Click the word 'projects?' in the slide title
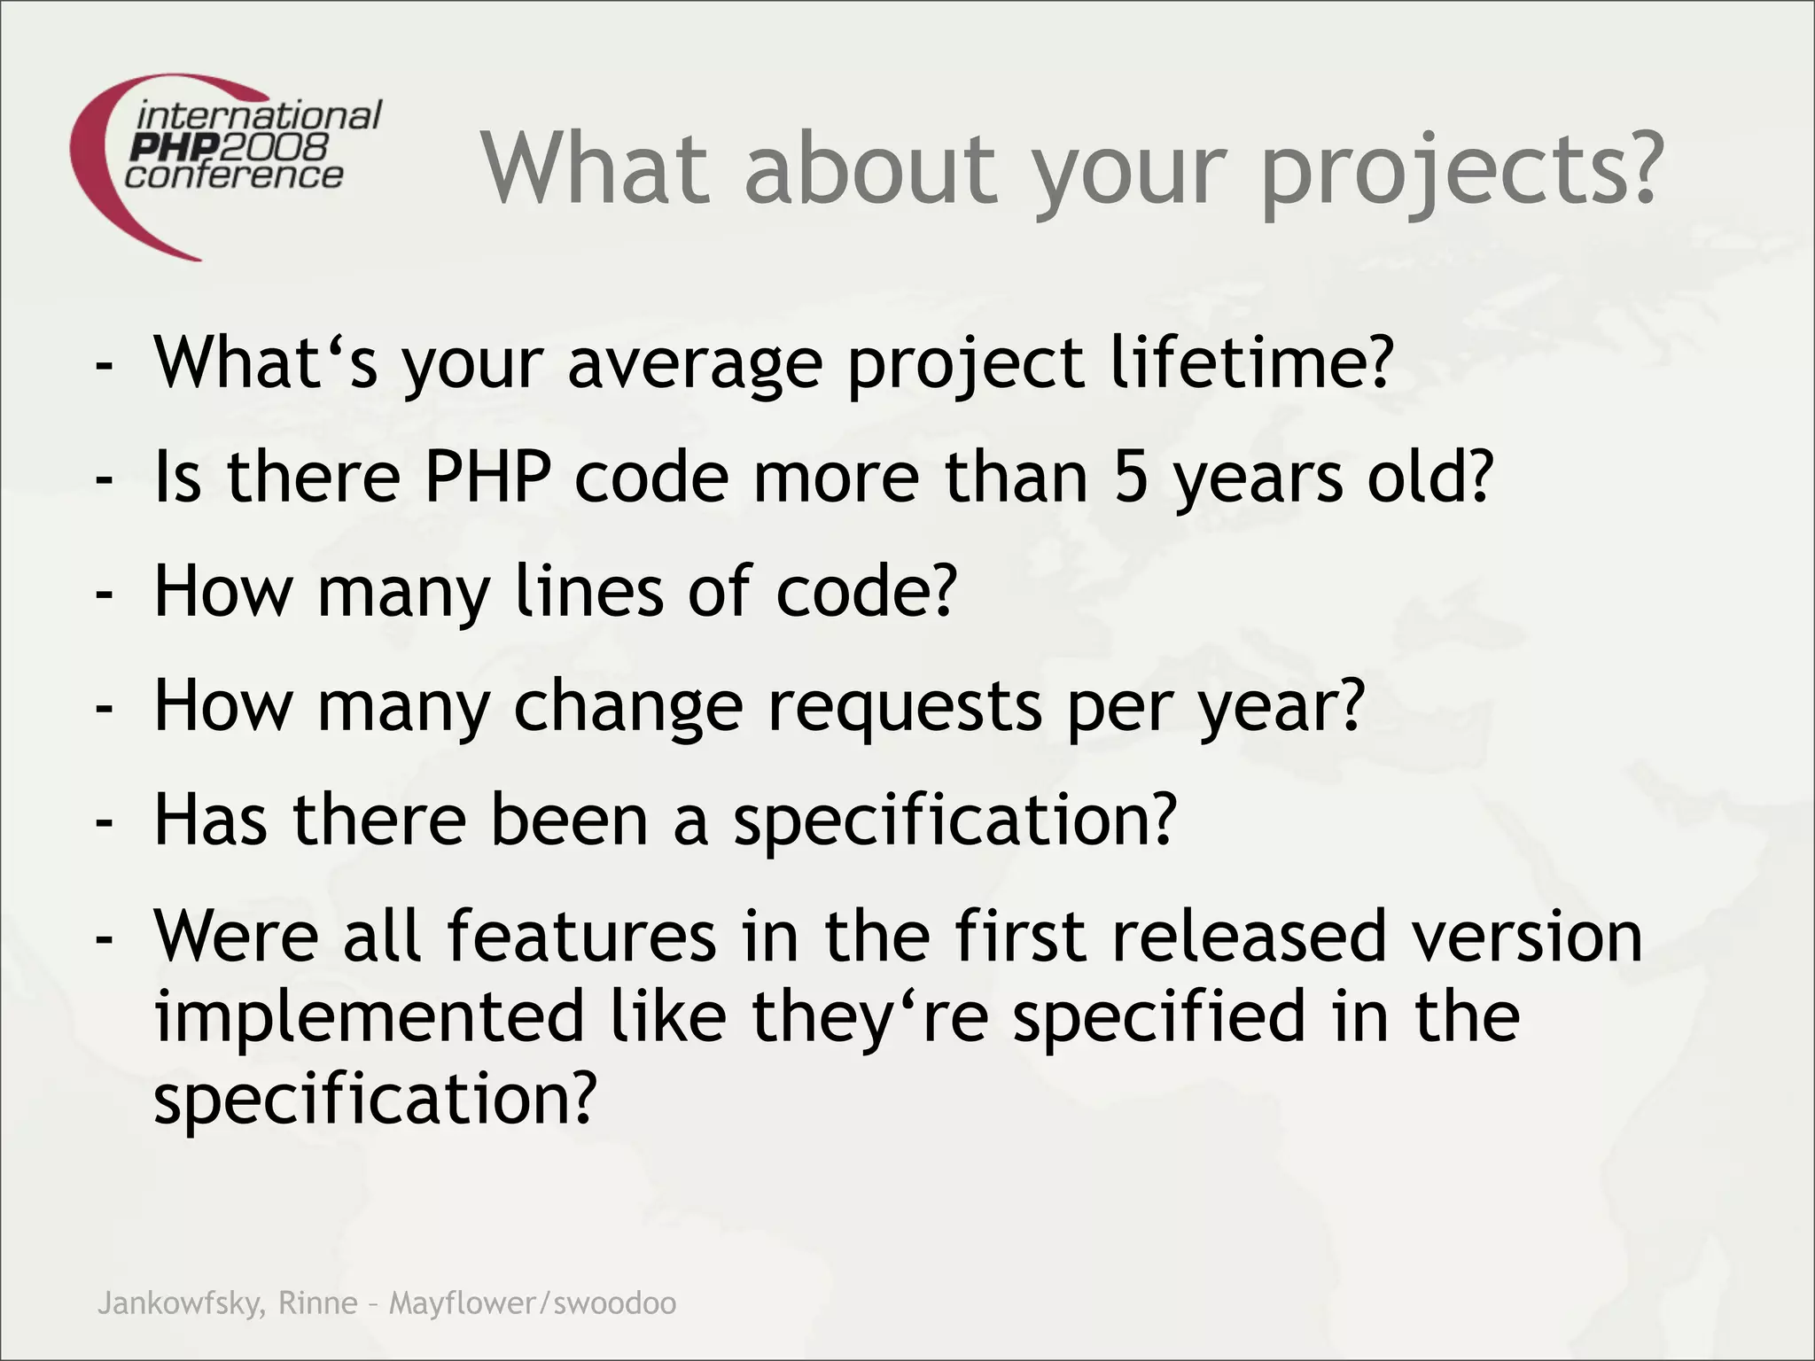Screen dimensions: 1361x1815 [x=1458, y=170]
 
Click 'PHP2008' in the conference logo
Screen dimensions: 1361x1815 [x=229, y=146]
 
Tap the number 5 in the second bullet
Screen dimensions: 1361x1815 [x=1131, y=477]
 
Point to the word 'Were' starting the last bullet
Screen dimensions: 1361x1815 [x=236, y=936]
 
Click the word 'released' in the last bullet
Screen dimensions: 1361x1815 [x=1249, y=936]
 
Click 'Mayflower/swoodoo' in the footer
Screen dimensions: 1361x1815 [x=533, y=1303]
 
